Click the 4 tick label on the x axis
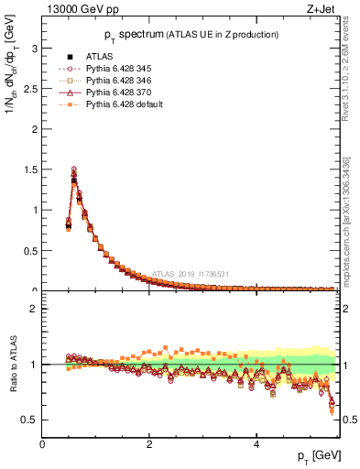click(x=256, y=444)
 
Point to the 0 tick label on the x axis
click(x=42, y=444)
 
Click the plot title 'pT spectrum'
click(x=119, y=34)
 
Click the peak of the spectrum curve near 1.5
click(x=74, y=170)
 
